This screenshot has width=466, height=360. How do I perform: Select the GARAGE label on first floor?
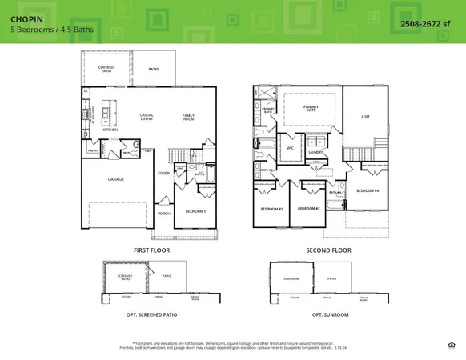point(116,179)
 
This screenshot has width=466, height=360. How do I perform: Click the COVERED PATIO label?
point(106,70)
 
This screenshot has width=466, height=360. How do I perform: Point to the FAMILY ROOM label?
point(188,117)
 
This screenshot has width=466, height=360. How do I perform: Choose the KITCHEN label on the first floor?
point(110,129)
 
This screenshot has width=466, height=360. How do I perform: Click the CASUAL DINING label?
point(147,117)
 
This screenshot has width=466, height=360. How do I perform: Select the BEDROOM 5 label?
point(195,211)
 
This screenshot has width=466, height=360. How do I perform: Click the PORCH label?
point(164,214)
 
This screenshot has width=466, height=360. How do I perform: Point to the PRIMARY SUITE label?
point(311,108)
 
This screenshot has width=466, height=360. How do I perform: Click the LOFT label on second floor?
point(365,116)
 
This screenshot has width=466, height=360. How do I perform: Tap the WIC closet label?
point(291,148)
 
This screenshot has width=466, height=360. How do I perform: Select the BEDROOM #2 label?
point(271,209)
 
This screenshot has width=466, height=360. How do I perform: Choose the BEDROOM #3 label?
point(308,209)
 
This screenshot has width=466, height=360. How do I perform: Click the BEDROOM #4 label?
point(368,190)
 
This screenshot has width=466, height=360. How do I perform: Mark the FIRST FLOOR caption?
point(153,250)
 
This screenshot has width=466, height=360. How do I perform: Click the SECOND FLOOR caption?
point(328,250)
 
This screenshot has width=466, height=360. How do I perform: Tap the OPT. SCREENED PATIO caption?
point(151,314)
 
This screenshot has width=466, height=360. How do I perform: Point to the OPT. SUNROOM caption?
point(330,314)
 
